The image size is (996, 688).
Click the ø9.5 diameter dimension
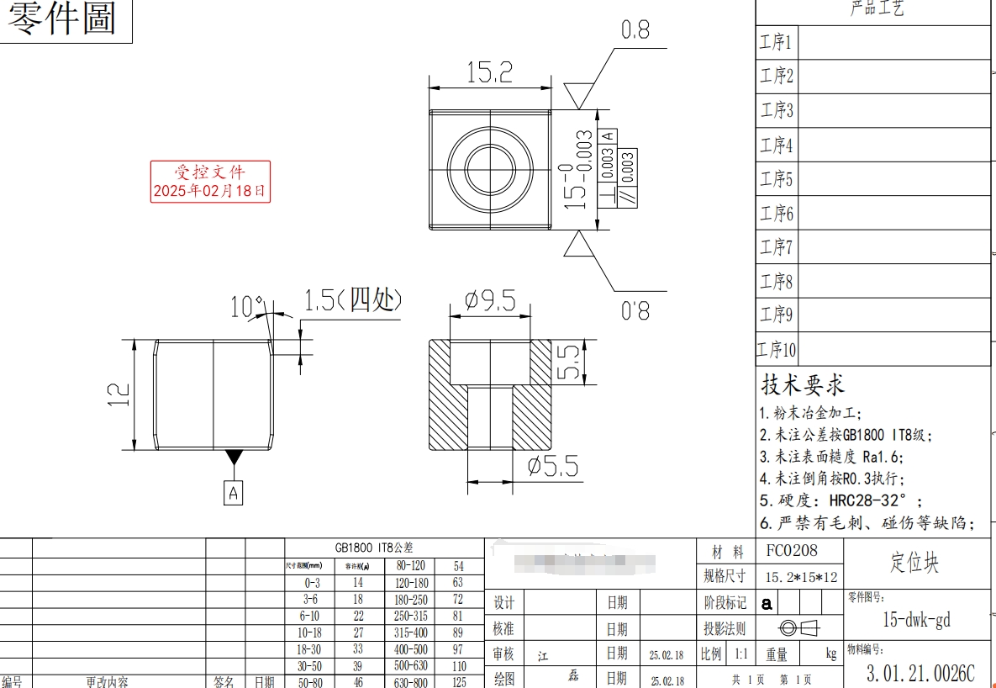[x=490, y=301]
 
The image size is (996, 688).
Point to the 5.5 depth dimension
[x=569, y=363]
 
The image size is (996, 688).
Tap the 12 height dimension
[x=119, y=394]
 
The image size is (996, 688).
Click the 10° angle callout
[x=246, y=307]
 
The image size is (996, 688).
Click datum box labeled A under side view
[x=234, y=493]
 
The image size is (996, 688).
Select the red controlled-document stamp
[x=210, y=182]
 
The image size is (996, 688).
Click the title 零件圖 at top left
[x=63, y=19]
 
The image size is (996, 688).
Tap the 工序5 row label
[x=777, y=179]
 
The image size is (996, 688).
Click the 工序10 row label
[x=777, y=349]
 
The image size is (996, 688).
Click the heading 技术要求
[x=803, y=385]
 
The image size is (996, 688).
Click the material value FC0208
[x=791, y=552]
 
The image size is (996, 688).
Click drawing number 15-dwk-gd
[x=916, y=620]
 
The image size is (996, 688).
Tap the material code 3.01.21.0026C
[x=920, y=673]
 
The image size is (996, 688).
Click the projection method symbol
[x=798, y=628]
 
